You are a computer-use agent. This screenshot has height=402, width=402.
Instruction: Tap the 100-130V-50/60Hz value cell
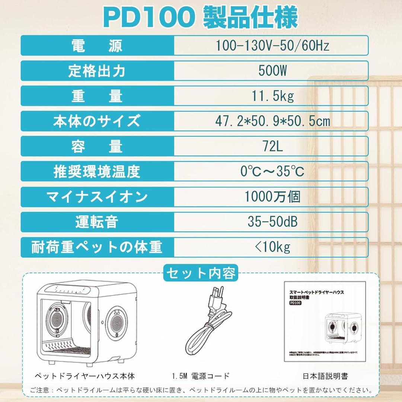click(x=272, y=46)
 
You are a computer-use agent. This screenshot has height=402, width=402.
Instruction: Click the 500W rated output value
click(x=272, y=71)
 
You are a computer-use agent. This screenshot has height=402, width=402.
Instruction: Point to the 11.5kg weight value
click(x=272, y=96)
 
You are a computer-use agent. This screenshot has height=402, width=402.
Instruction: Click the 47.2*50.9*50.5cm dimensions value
click(x=272, y=121)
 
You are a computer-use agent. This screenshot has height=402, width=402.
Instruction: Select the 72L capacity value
click(x=272, y=146)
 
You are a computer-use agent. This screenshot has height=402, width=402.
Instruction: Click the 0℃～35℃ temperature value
click(x=272, y=171)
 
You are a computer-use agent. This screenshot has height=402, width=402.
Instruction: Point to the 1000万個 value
click(x=272, y=197)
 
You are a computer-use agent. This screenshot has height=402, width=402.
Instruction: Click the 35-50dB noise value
click(x=272, y=222)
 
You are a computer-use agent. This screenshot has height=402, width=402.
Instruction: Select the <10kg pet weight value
click(x=272, y=247)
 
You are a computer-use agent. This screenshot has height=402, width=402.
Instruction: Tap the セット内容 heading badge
click(x=201, y=274)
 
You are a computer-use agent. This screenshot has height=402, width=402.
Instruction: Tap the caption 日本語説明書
click(x=325, y=376)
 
